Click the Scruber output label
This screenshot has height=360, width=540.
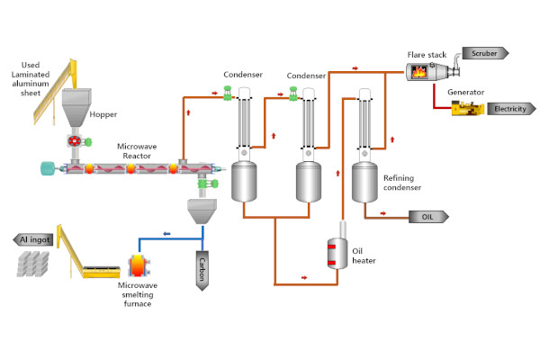[484, 53]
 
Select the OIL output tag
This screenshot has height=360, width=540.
[427, 216]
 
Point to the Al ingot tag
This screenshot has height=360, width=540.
[35, 239]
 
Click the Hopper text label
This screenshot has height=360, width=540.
[103, 115]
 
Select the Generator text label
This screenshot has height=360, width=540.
[466, 91]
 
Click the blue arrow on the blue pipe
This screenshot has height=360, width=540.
[166, 234]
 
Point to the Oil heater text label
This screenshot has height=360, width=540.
[364, 255]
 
